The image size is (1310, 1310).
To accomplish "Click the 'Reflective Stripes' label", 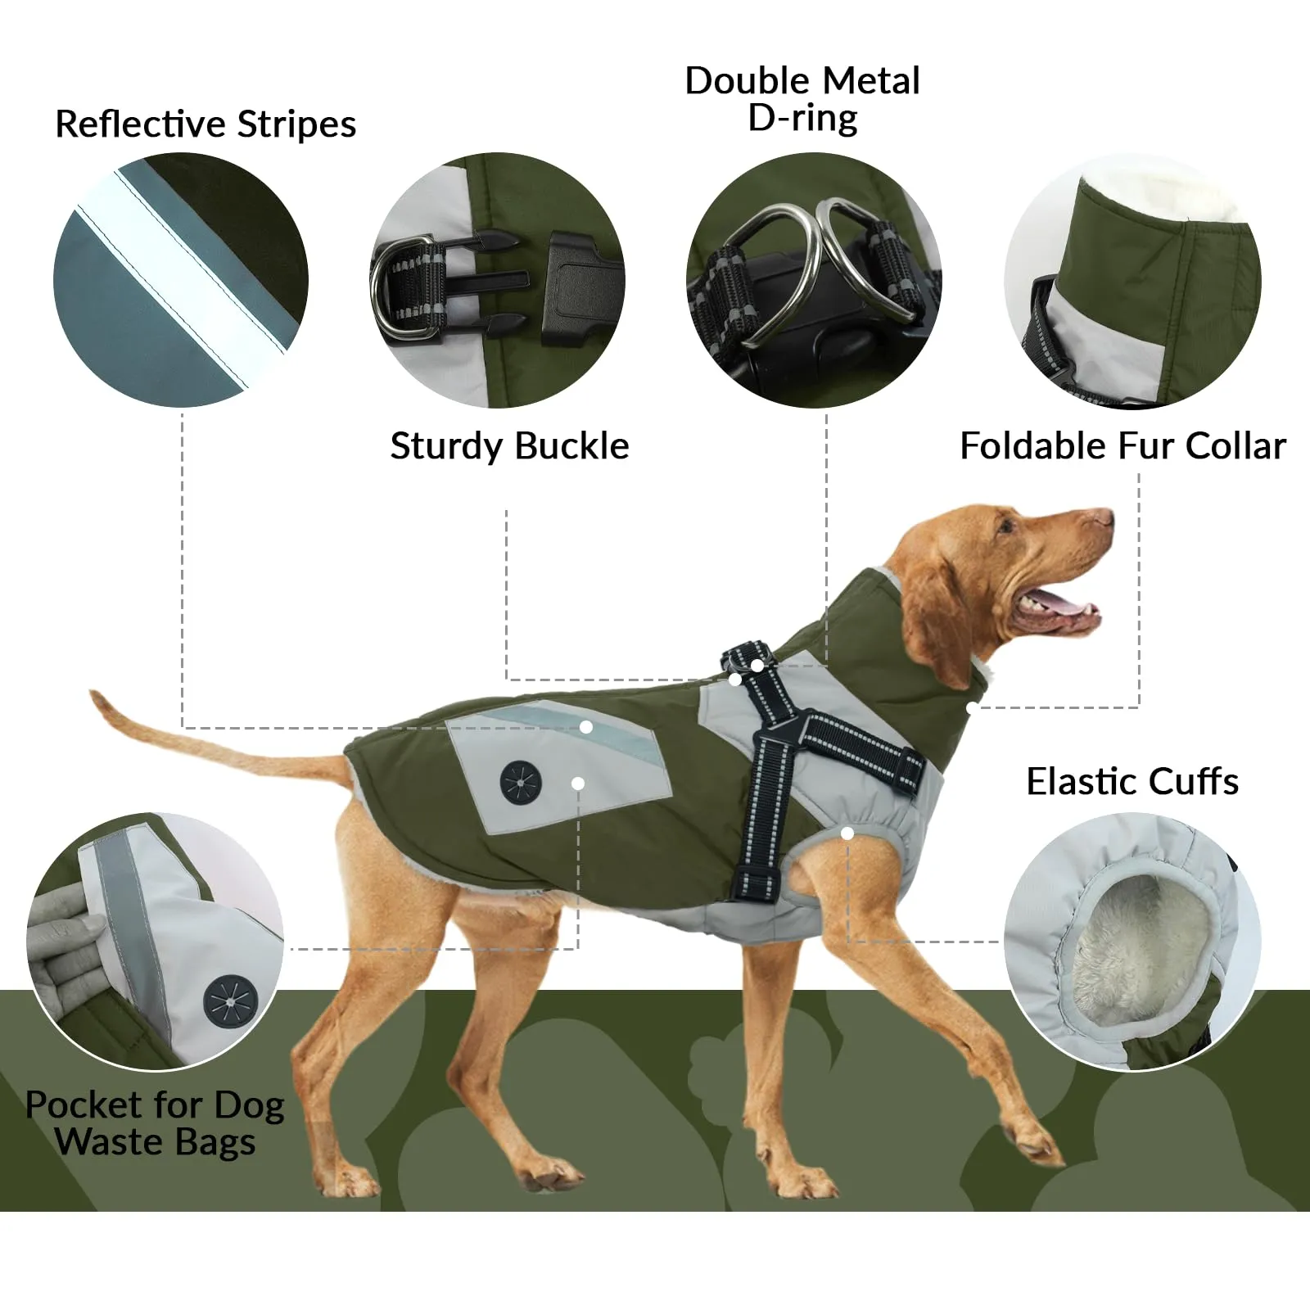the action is click(x=206, y=124).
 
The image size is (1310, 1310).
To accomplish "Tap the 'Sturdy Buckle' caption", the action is click(x=509, y=446).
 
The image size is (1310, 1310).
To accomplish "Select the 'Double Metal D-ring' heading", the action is click(x=802, y=99).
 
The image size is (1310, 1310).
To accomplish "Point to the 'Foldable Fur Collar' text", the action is click(x=1123, y=446).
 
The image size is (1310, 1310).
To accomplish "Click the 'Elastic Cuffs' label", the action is click(x=1132, y=781).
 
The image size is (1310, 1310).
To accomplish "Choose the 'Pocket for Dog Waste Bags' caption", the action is click(x=155, y=1123).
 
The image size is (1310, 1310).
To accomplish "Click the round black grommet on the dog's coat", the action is click(x=522, y=783).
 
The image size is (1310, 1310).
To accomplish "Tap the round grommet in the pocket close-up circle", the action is click(x=230, y=1001).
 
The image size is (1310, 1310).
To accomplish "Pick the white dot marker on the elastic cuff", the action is click(x=847, y=833).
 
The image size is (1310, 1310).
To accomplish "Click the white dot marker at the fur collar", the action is click(x=971, y=707).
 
